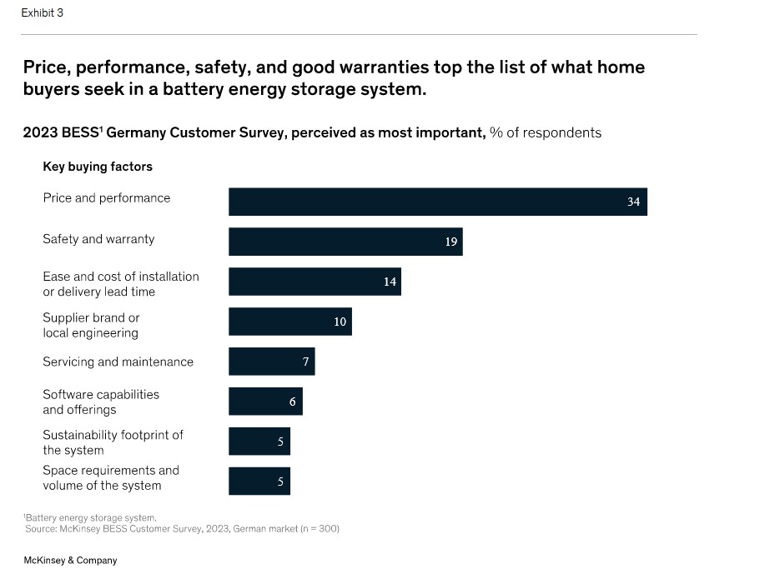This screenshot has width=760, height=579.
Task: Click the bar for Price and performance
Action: [437, 202]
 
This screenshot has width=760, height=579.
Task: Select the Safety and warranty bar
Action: [345, 242]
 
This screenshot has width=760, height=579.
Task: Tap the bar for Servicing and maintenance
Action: [271, 362]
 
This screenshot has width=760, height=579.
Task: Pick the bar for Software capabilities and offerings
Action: [265, 402]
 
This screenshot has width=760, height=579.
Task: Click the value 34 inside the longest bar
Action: [633, 202]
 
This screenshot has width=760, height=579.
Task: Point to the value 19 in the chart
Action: [450, 242]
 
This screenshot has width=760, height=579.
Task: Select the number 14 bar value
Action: [390, 282]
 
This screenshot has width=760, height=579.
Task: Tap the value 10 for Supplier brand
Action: [340, 322]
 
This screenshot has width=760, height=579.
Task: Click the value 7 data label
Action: [305, 362]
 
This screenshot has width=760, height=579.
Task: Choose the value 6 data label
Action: [292, 402]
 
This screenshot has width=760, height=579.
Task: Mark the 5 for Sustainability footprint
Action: [280, 442]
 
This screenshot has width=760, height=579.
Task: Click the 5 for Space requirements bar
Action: [280, 482]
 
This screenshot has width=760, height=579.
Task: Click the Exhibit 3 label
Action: [43, 13]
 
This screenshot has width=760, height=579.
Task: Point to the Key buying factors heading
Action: [98, 167]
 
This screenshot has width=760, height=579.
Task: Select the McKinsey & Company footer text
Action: [70, 561]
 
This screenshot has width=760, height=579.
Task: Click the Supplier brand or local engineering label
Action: [91, 325]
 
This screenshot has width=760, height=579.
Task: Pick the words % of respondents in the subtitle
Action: [546, 132]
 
